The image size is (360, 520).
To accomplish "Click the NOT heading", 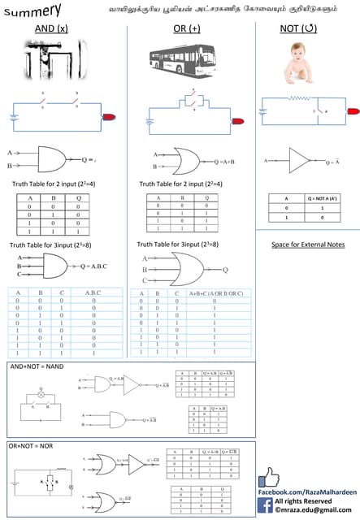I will pyautogui.click(x=297, y=29).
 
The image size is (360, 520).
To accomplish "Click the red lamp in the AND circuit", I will pyautogui.click(x=109, y=118).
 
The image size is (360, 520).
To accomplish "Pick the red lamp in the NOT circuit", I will pyautogui.click(x=353, y=111).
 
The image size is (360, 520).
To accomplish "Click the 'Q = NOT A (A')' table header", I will pyautogui.click(x=323, y=197).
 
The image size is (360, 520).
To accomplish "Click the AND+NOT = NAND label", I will pyautogui.click(x=37, y=368).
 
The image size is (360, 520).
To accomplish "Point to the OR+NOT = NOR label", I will pyautogui.click(x=33, y=447).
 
